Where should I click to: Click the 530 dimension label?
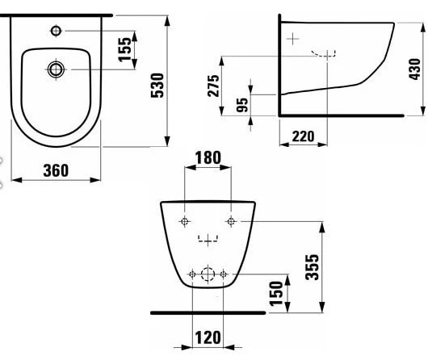click(x=157, y=85)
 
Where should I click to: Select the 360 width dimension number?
click(x=56, y=170)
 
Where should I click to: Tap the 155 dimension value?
click(x=124, y=49)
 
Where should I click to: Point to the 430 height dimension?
click(x=414, y=69)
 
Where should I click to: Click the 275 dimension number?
click(x=213, y=86)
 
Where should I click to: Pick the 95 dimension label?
click(x=242, y=105)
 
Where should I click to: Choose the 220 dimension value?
click(x=304, y=136)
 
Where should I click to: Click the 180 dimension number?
click(x=208, y=157)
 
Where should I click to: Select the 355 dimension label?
click(x=312, y=267)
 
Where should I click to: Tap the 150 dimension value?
click(x=275, y=293)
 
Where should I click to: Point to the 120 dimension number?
click(x=208, y=337)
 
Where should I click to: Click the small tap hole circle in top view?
click(x=56, y=31)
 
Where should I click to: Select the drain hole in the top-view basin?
click(x=56, y=69)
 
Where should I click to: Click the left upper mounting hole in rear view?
click(x=184, y=221)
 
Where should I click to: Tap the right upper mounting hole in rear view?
click(x=231, y=221)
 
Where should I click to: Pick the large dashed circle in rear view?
click(x=208, y=274)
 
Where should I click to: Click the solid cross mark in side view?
click(x=292, y=39)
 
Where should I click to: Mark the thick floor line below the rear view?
click(x=208, y=313)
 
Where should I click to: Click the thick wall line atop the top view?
click(x=57, y=15)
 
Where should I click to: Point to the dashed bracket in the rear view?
click(x=208, y=238)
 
